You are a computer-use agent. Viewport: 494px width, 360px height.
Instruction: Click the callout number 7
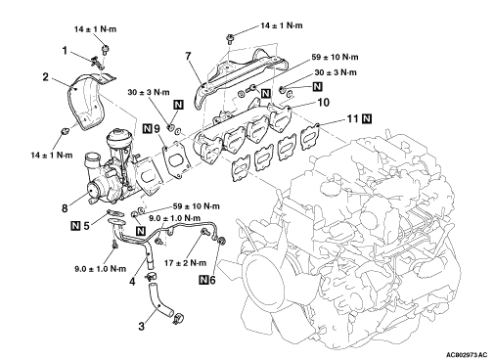pyautogui.click(x=188, y=56)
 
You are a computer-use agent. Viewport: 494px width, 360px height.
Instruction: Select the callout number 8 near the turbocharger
pyautogui.click(x=65, y=208)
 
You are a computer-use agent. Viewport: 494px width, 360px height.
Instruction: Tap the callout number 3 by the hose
pyautogui.click(x=141, y=326)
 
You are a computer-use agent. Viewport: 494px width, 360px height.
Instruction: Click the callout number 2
pyautogui.click(x=46, y=77)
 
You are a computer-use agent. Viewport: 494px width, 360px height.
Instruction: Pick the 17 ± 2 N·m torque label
pyautogui.click(x=185, y=263)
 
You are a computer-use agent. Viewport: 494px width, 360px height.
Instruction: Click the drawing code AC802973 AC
pyautogui.click(x=467, y=354)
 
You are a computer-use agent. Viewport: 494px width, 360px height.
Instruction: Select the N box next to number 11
pyautogui.click(x=367, y=118)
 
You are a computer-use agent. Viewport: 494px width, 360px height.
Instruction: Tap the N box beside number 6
pyautogui.click(x=203, y=280)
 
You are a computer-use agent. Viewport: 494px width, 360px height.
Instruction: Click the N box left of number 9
pyautogui.click(x=148, y=128)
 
